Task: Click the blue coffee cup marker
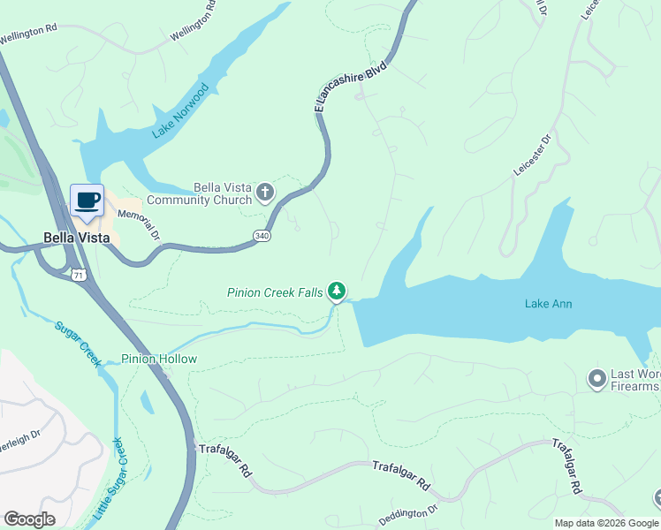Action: [87, 201]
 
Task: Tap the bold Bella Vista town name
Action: [77, 238]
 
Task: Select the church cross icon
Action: [264, 192]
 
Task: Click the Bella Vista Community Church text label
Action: [199, 194]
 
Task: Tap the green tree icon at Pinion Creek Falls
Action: [336, 291]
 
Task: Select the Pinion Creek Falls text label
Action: [274, 291]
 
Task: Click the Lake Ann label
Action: [548, 304]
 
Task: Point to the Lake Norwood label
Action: [180, 111]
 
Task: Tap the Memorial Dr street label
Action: [139, 221]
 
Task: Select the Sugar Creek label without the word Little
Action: [80, 340]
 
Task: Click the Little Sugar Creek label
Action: [108, 478]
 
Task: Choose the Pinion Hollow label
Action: [159, 360]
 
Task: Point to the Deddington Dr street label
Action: [407, 511]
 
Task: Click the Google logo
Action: [29, 519]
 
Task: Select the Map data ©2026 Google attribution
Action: [606, 523]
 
